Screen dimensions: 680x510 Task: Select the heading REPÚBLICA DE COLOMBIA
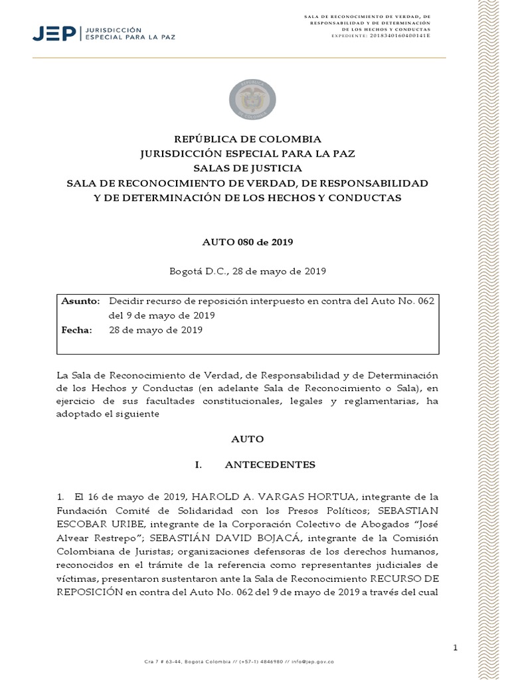(x=247, y=139)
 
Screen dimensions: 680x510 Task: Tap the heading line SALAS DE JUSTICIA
(x=247, y=169)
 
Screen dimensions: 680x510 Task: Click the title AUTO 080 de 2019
(x=247, y=242)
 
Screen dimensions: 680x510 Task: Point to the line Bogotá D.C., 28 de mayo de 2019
(x=247, y=272)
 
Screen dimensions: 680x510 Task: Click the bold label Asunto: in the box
(x=80, y=301)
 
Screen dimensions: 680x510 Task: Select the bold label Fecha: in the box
(x=77, y=330)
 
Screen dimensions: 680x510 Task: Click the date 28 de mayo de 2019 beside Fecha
(x=155, y=330)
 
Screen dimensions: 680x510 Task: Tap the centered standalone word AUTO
(x=247, y=439)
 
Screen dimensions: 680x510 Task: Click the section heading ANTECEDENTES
(x=270, y=464)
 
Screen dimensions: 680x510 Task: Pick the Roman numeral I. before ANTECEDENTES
(x=198, y=464)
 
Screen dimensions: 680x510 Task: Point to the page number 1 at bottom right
(x=456, y=647)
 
